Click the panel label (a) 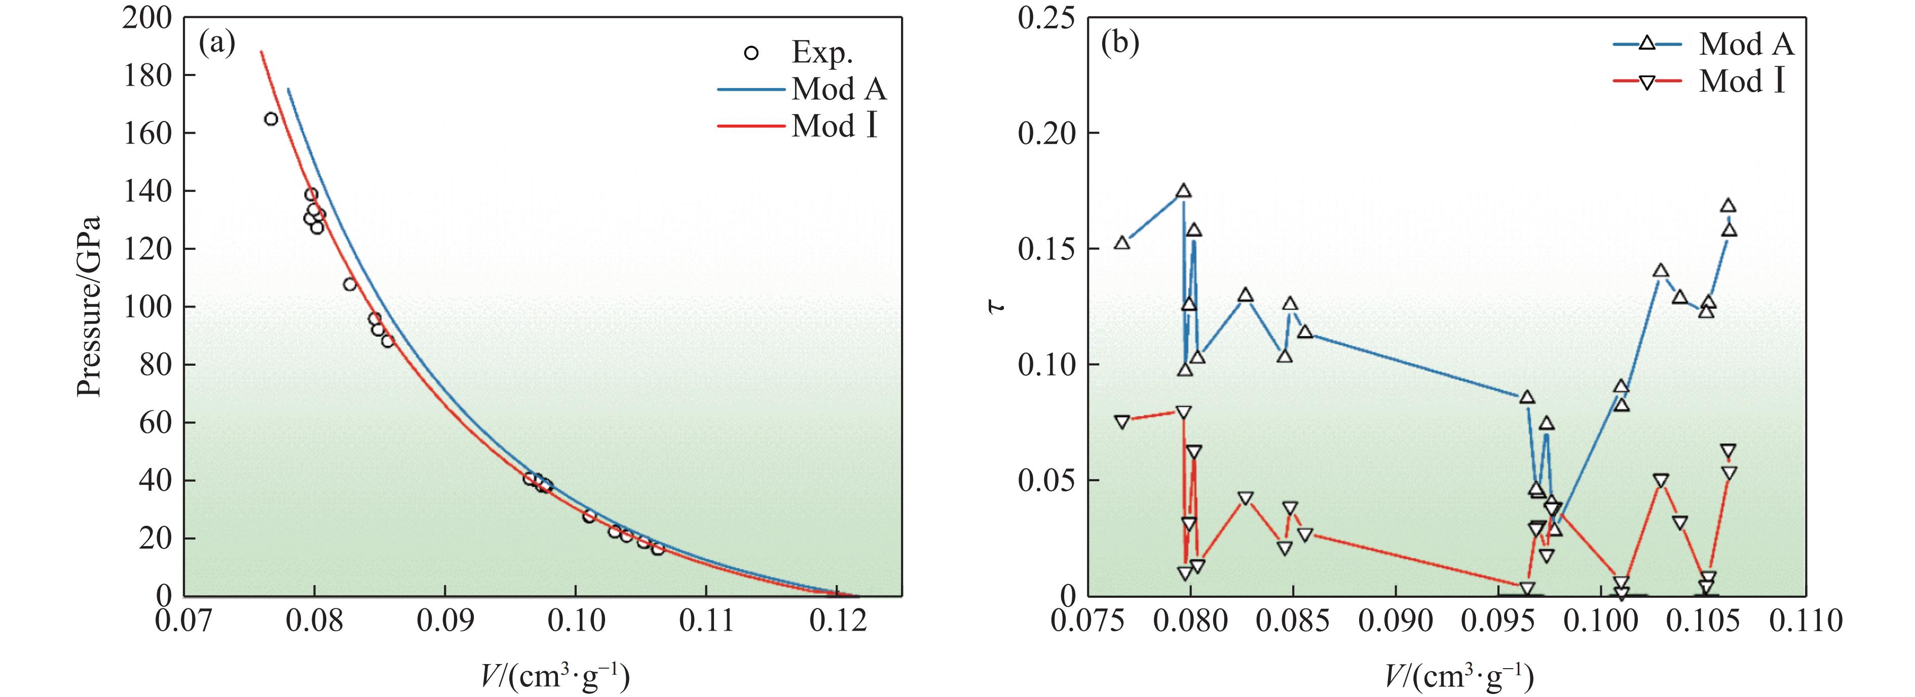coord(217,45)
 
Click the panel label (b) coord(1119,45)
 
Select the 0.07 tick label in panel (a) coord(183,621)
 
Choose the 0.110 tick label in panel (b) coord(1806,621)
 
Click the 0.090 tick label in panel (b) coord(1396,621)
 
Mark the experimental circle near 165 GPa coord(271,119)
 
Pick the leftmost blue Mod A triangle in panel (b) coord(1122,242)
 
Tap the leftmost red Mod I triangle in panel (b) coord(1122,421)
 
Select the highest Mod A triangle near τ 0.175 coord(1183,191)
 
